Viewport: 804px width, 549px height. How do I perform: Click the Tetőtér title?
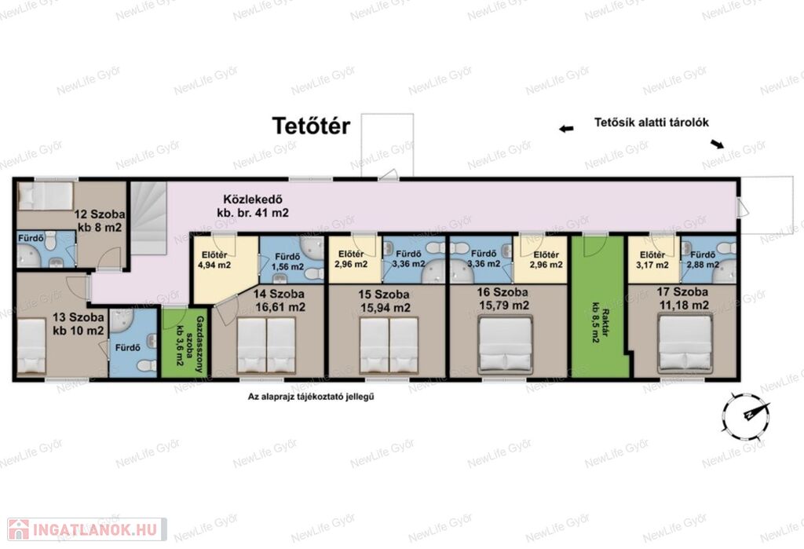click(311, 126)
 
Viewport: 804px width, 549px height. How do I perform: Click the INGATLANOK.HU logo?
click(86, 529)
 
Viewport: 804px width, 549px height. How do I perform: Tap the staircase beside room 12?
click(148, 218)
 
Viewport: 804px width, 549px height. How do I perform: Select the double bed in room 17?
click(685, 344)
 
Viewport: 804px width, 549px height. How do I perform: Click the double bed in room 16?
click(505, 345)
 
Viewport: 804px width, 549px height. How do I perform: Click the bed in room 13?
click(31, 346)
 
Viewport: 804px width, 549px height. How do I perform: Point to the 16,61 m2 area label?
click(280, 308)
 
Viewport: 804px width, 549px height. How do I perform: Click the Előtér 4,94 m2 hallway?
click(224, 267)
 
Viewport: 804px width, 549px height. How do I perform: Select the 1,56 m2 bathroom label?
click(287, 267)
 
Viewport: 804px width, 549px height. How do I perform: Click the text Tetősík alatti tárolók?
click(652, 123)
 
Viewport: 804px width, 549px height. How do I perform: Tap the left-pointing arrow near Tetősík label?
click(566, 129)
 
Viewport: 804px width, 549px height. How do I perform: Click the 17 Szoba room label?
click(682, 292)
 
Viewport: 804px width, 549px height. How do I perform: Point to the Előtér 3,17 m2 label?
click(652, 260)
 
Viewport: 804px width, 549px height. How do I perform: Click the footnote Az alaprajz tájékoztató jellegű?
click(311, 397)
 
